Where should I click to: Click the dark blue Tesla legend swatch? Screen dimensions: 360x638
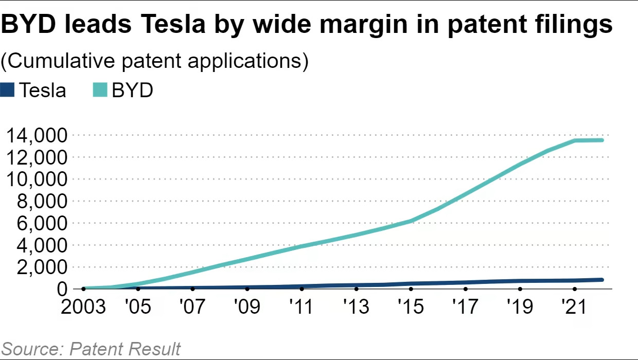[x=8, y=90]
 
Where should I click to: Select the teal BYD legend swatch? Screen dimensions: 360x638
[x=100, y=90]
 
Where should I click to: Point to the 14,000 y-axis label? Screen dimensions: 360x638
[x=36, y=135]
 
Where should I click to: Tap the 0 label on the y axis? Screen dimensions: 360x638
[x=62, y=289]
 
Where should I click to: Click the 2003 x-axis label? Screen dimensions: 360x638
[x=84, y=307]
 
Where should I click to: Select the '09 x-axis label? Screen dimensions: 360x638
[x=247, y=307]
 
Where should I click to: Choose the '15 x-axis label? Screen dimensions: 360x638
[x=411, y=307]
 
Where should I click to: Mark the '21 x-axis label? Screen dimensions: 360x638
[x=574, y=307]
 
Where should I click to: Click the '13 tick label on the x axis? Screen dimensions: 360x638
[x=356, y=307]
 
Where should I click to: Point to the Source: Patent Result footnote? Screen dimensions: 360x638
[x=91, y=349]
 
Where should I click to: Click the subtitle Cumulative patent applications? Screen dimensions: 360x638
[x=154, y=61]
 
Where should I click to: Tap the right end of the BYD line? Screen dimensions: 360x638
[x=601, y=140]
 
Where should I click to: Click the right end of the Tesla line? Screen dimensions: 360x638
[x=601, y=280]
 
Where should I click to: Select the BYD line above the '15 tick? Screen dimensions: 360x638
[x=411, y=221]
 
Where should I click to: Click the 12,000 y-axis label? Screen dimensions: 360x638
[x=36, y=157]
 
